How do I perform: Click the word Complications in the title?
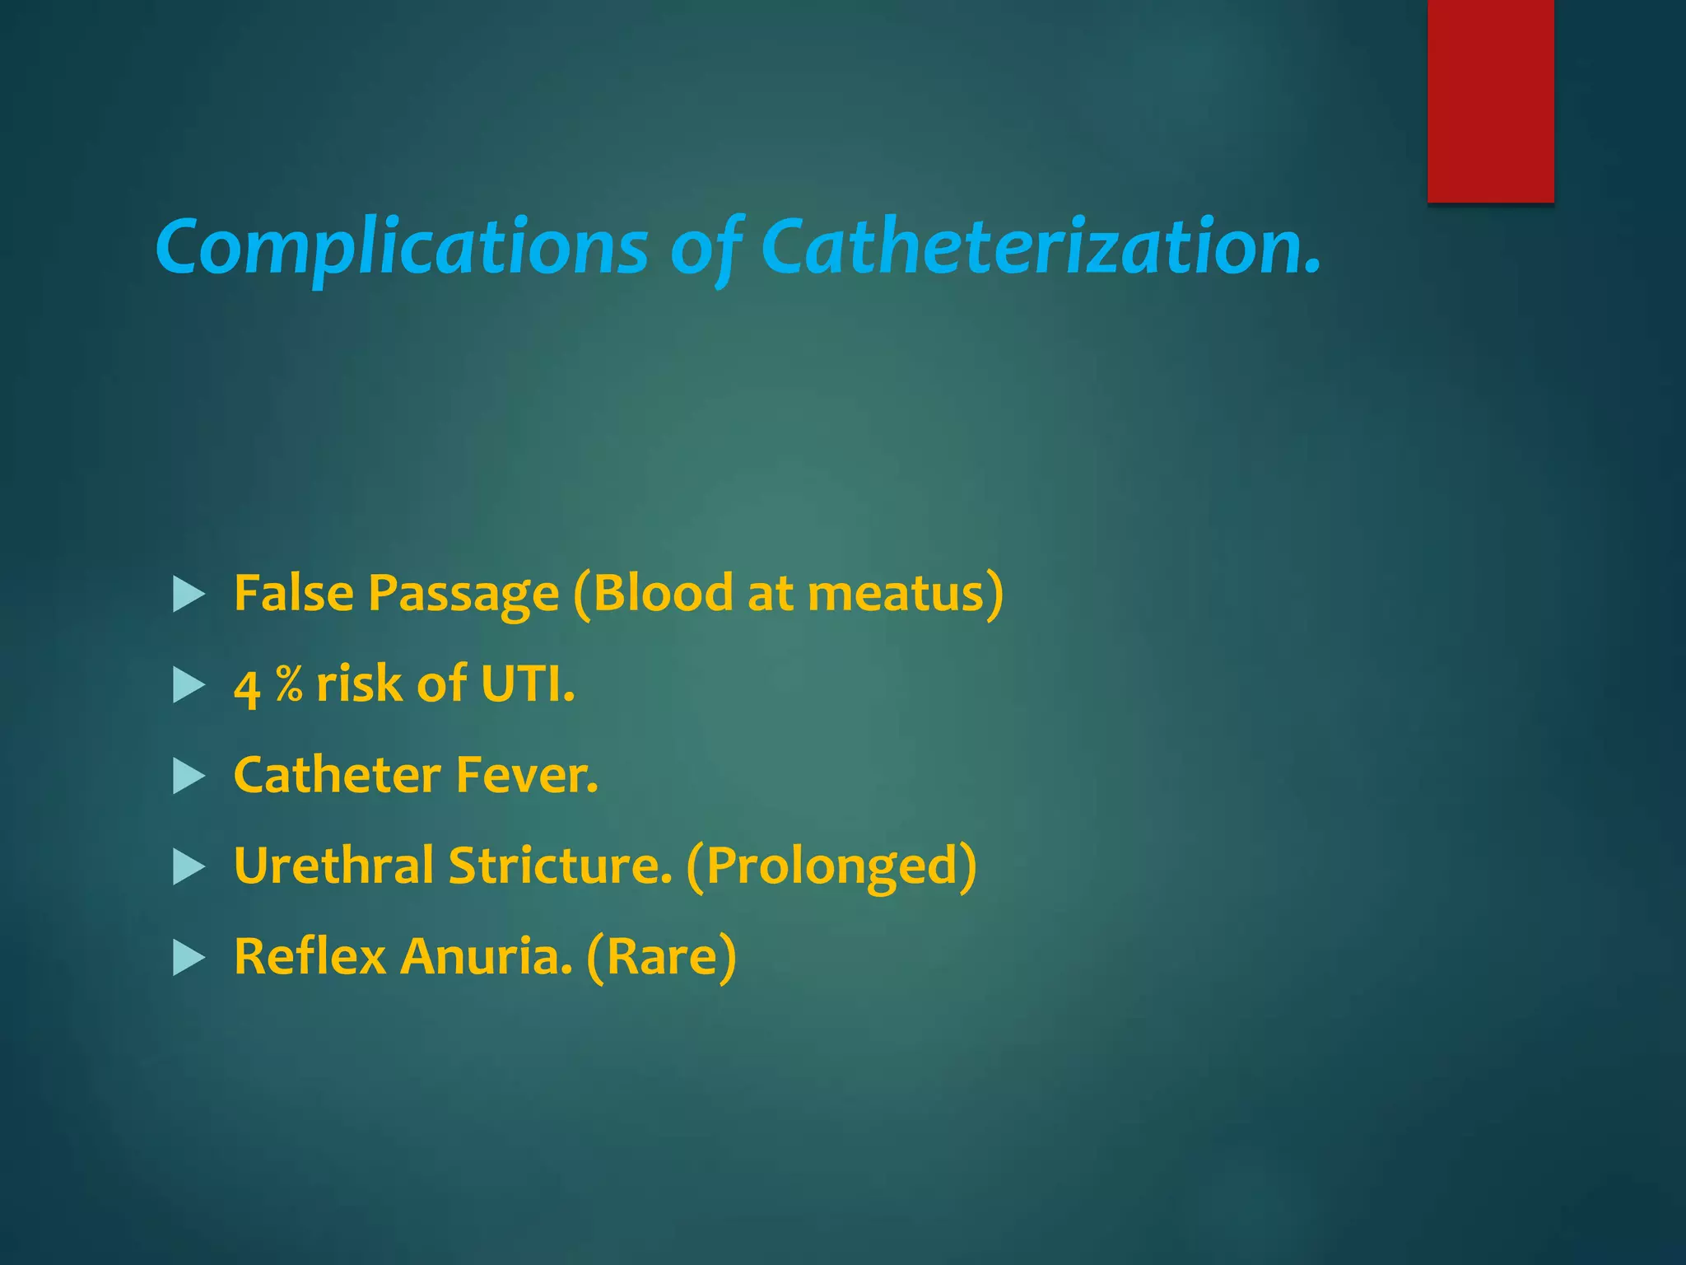tap(402, 247)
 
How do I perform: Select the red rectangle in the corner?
tap(1490, 100)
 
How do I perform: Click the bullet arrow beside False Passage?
tap(189, 595)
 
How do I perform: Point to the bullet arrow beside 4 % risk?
tap(189, 685)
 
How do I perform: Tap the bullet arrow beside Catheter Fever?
tap(189, 776)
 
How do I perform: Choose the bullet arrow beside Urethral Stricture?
tap(189, 867)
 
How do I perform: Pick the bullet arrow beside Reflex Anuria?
tap(189, 958)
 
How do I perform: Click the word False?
tap(294, 593)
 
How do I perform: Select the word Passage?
tap(463, 595)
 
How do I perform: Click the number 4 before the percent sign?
tap(247, 687)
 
